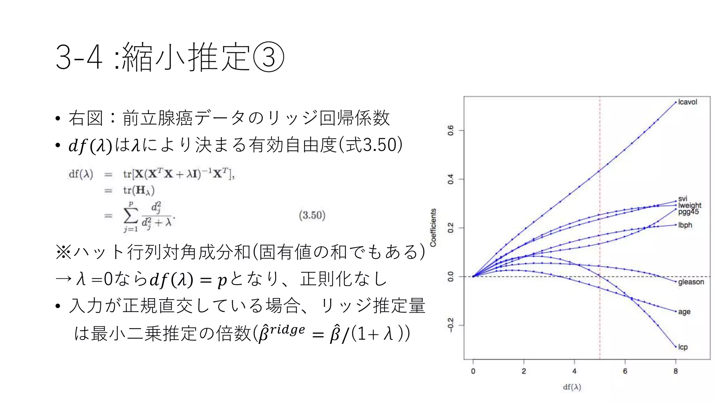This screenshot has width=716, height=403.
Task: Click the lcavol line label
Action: [687, 102]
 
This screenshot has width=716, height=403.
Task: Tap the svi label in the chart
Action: [683, 199]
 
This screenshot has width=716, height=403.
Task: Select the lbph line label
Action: [685, 225]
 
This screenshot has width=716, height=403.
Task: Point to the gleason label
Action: [691, 282]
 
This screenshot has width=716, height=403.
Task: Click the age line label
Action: [684, 312]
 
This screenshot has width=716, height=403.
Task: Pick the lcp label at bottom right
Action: [683, 347]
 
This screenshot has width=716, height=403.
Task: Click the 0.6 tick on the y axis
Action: [451, 130]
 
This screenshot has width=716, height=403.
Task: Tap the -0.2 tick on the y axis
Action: [451, 325]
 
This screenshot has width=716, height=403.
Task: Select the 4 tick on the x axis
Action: [574, 371]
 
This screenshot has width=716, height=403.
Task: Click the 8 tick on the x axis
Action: [675, 371]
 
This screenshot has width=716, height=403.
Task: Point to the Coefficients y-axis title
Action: [433, 228]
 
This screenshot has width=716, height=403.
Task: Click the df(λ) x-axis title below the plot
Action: [572, 387]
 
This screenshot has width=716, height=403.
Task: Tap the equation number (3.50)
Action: [312, 215]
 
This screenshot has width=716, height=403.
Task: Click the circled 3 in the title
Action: [268, 57]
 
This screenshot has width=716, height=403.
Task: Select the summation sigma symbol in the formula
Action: [131, 216]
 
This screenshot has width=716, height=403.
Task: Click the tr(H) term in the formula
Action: [139, 190]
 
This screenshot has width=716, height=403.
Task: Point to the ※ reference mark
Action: [63, 252]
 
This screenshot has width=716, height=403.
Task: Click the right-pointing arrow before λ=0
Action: [64, 279]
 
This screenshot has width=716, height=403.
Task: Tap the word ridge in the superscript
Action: [287, 330]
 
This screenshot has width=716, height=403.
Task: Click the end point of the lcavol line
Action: [675, 102]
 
